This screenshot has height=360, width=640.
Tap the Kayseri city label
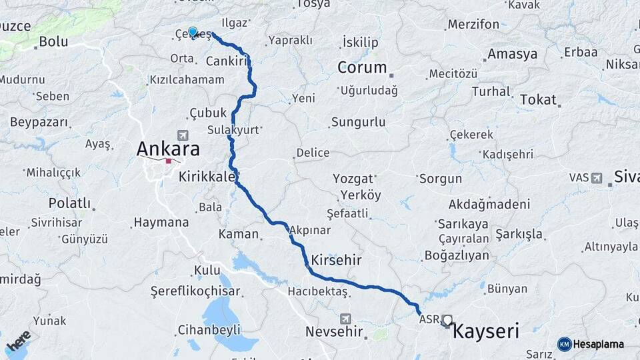(485, 331)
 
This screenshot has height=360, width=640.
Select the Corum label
(362, 67)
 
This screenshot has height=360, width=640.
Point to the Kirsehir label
(336, 260)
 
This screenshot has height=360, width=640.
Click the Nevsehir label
(334, 331)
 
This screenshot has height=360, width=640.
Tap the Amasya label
(512, 53)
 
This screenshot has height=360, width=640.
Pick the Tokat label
(537, 99)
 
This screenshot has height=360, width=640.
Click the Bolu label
(53, 41)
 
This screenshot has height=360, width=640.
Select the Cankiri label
(227, 61)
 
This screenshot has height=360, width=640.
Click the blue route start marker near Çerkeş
(193, 31)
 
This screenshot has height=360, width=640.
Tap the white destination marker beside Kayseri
(447, 321)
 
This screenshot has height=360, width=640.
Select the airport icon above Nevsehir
(344, 319)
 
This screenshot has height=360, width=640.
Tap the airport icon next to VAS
(596, 177)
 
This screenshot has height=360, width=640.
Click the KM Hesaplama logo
(591, 344)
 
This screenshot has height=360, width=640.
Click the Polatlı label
(69, 203)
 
